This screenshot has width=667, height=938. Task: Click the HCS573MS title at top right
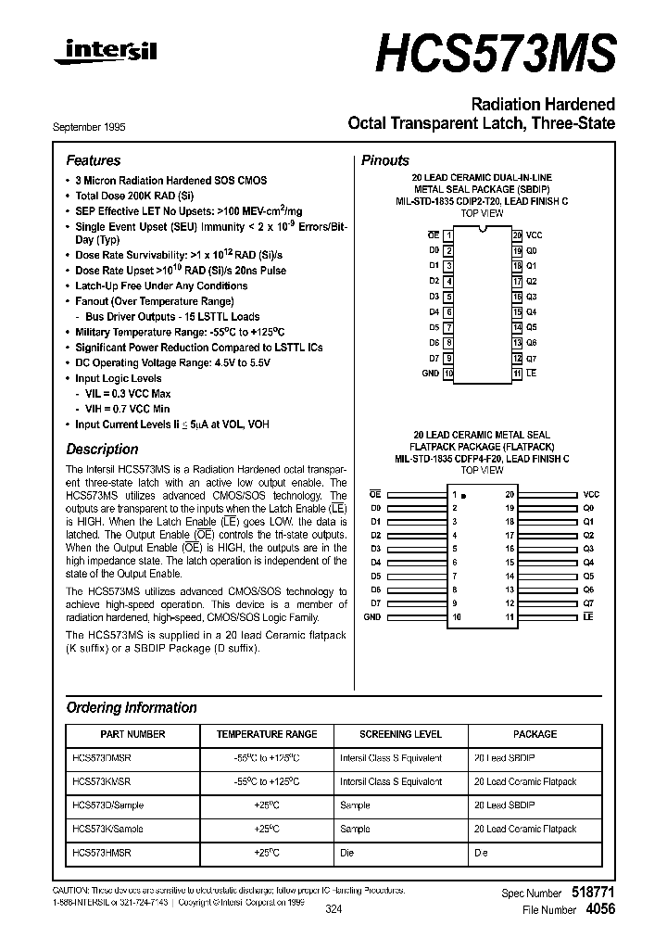pos(495,51)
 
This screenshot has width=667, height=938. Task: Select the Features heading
pos(94,160)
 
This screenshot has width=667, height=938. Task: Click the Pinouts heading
pos(384,160)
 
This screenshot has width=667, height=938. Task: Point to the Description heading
pos(102,450)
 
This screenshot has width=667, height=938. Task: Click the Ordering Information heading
pos(132,708)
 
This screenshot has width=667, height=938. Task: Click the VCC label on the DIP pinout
pos(534,235)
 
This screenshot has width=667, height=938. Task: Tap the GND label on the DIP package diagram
pos(430,373)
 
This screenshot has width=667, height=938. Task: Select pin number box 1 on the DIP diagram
pos(448,235)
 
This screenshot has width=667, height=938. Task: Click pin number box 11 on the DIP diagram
pos(517,373)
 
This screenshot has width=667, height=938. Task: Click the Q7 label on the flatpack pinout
pos(588,602)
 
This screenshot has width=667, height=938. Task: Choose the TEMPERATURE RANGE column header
pos(267,734)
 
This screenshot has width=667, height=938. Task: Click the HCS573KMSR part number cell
pos(101,781)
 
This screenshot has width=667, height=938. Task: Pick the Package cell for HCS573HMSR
pos(481,852)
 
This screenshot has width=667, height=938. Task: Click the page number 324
pos(333,910)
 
